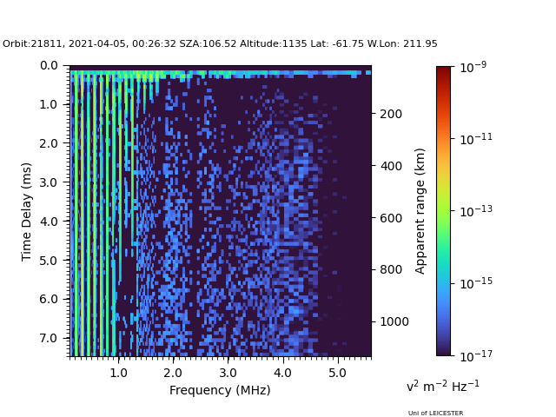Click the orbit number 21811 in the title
pyautogui.click(x=46, y=44)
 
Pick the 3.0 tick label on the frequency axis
pyautogui.click(x=228, y=373)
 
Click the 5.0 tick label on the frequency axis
pyautogui.click(x=337, y=373)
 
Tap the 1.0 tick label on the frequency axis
pyautogui.click(x=118, y=373)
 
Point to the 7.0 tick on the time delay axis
pyautogui.click(x=49, y=338)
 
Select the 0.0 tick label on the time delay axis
pyautogui.click(x=49, y=66)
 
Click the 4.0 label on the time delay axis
pyautogui.click(x=49, y=222)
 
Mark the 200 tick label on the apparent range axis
pyautogui.click(x=391, y=114)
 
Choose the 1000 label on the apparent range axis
pyautogui.click(x=394, y=321)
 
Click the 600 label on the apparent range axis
pyautogui.click(x=391, y=218)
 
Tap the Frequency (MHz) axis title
pyautogui.click(x=220, y=390)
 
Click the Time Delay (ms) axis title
pyautogui.click(x=27, y=212)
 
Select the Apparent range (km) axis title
pyautogui.click(x=420, y=211)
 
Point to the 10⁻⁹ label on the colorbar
pyautogui.click(x=473, y=67)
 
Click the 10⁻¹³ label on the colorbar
pyautogui.click(x=476, y=211)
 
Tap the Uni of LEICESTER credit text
pyautogui.click(x=435, y=414)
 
